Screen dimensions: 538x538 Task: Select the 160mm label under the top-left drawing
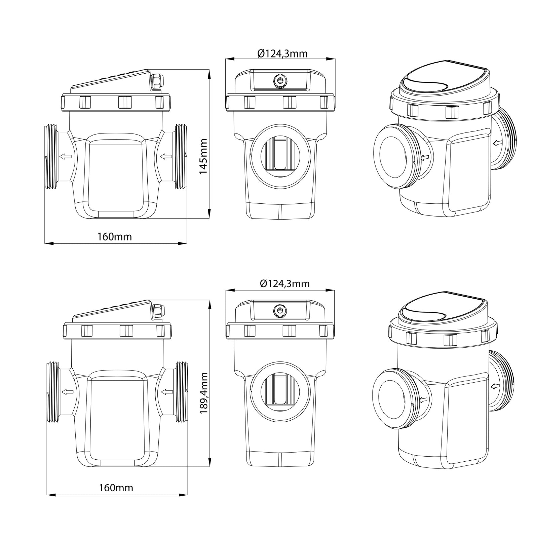[115, 237]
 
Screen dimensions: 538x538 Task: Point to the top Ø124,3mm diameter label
[282, 53]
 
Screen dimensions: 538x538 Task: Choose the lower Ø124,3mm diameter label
[284, 283]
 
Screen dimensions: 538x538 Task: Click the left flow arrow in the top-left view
[66, 156]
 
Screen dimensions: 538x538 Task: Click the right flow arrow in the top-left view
[166, 156]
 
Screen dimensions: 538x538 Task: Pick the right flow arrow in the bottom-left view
[168, 391]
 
